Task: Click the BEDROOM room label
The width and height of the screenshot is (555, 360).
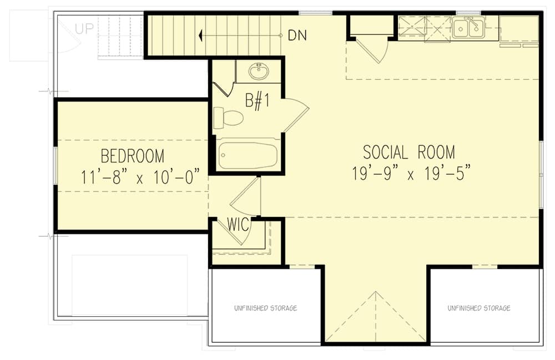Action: pyautogui.click(x=133, y=156)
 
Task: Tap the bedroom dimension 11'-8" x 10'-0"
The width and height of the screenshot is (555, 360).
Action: pyautogui.click(x=140, y=177)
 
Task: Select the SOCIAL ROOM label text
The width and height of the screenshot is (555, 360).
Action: pyautogui.click(x=409, y=152)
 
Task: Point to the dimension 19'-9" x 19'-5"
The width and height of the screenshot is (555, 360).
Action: pyautogui.click(x=411, y=173)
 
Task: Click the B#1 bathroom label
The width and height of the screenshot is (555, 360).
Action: pyautogui.click(x=258, y=100)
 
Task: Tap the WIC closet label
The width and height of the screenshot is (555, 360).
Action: pyautogui.click(x=238, y=224)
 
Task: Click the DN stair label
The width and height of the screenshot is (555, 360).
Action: pyautogui.click(x=297, y=36)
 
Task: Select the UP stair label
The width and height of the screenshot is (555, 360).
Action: pyautogui.click(x=84, y=29)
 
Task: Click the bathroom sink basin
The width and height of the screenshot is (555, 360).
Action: pyautogui.click(x=259, y=72)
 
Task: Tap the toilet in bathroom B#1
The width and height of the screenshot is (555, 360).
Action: pyautogui.click(x=228, y=118)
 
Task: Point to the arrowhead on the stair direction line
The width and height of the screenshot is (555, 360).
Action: pyautogui.click(x=200, y=36)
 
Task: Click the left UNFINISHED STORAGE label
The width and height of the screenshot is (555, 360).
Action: pyautogui.click(x=265, y=308)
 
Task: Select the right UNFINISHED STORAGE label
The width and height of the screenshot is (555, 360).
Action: pyautogui.click(x=479, y=308)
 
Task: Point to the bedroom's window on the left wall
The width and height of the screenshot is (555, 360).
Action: pyautogui.click(x=55, y=165)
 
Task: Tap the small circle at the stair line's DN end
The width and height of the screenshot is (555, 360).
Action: pyautogui.click(x=281, y=36)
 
